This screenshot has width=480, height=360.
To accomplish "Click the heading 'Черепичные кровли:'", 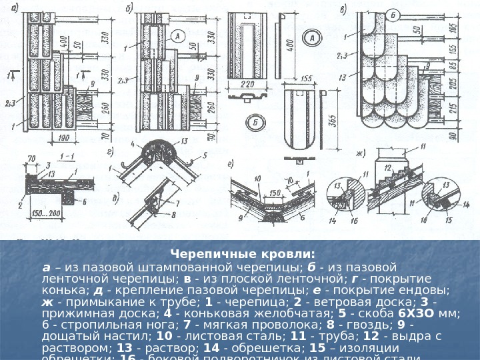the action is [x=243, y=254].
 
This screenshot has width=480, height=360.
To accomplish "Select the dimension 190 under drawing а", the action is [x=64, y=139].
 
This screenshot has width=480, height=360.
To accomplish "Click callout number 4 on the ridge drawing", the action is [x=133, y=144].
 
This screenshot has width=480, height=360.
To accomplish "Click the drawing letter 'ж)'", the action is [x=362, y=155].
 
